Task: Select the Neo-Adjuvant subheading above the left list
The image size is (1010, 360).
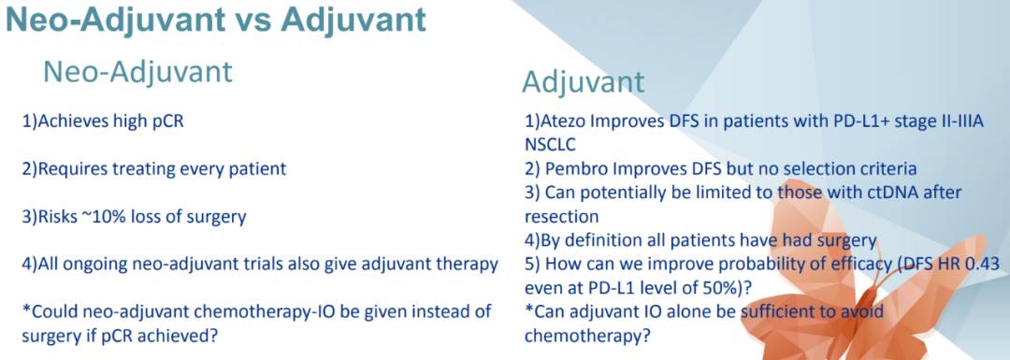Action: coord(137,72)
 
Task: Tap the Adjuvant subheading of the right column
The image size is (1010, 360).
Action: coord(583,82)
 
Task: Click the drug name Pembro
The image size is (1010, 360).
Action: coord(570,169)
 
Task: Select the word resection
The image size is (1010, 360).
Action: coord(562,216)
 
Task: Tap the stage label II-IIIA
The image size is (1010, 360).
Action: coord(957,121)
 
